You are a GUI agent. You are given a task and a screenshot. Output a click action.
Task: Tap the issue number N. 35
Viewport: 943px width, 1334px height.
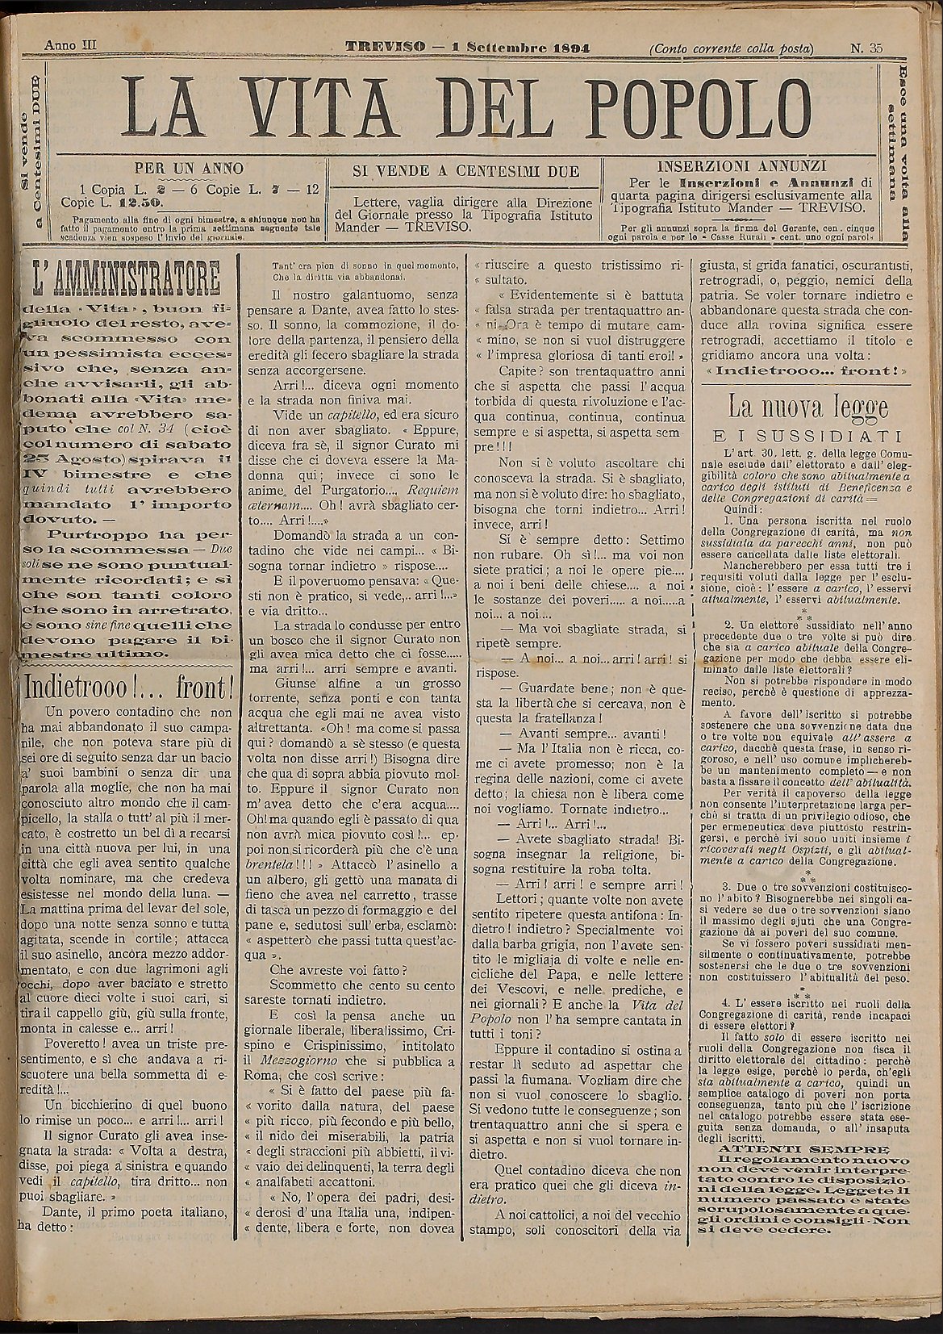866,48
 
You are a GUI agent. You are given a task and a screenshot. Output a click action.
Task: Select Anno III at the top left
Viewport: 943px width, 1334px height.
70,46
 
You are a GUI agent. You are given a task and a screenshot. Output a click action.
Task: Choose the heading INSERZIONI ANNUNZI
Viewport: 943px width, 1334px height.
741,165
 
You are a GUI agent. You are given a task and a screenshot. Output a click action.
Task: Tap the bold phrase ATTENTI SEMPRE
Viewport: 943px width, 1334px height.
803,1148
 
